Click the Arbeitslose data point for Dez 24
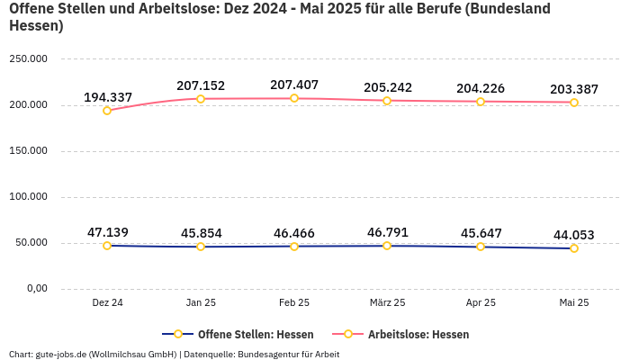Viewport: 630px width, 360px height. click(x=107, y=111)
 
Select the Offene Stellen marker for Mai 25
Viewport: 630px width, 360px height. click(x=574, y=248)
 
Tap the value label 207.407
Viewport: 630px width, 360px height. click(x=294, y=85)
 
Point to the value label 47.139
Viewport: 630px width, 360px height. click(x=108, y=232)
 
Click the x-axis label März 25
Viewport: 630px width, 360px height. click(x=387, y=303)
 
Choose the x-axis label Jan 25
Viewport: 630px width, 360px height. click(x=201, y=303)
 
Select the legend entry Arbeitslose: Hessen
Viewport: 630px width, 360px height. click(x=418, y=334)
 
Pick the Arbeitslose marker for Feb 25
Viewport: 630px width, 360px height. click(x=294, y=98)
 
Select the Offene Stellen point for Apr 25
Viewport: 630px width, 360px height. click(x=481, y=247)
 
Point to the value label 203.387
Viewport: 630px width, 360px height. click(x=574, y=89)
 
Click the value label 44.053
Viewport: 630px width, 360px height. click(x=574, y=236)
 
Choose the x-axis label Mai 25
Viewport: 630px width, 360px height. click(x=574, y=303)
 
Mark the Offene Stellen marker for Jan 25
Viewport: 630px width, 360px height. click(x=201, y=247)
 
